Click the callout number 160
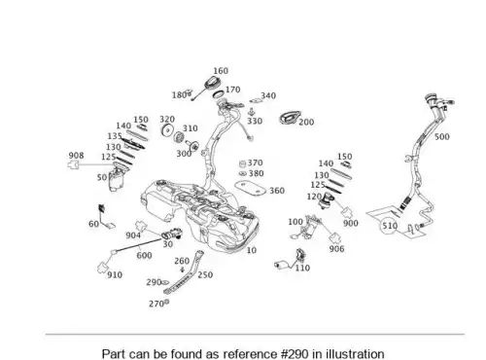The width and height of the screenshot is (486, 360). coord(221,71)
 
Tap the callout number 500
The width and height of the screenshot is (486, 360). coord(442,137)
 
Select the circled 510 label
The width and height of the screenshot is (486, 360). coord(390,226)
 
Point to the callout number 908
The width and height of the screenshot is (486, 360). coord(76,156)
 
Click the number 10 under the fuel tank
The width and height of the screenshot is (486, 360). coord(252,250)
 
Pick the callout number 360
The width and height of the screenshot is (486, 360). coord(277,191)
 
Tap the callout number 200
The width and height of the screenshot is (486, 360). coord(306,122)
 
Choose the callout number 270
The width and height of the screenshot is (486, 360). coord(156,304)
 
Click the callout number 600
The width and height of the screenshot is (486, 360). coord(144,256)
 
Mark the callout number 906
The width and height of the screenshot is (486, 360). coord(336,249)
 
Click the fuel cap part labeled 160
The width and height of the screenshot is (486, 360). coord(212,83)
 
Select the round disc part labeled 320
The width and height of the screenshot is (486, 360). coord(167,130)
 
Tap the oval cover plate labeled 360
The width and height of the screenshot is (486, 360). coord(250,189)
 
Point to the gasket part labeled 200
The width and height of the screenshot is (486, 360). coord(290,118)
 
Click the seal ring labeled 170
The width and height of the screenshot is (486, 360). coord(219,94)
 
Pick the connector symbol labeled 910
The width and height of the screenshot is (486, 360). coord(102,267)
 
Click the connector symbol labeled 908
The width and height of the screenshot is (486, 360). coord(74,164)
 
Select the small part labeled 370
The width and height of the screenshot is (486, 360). coord(243,163)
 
